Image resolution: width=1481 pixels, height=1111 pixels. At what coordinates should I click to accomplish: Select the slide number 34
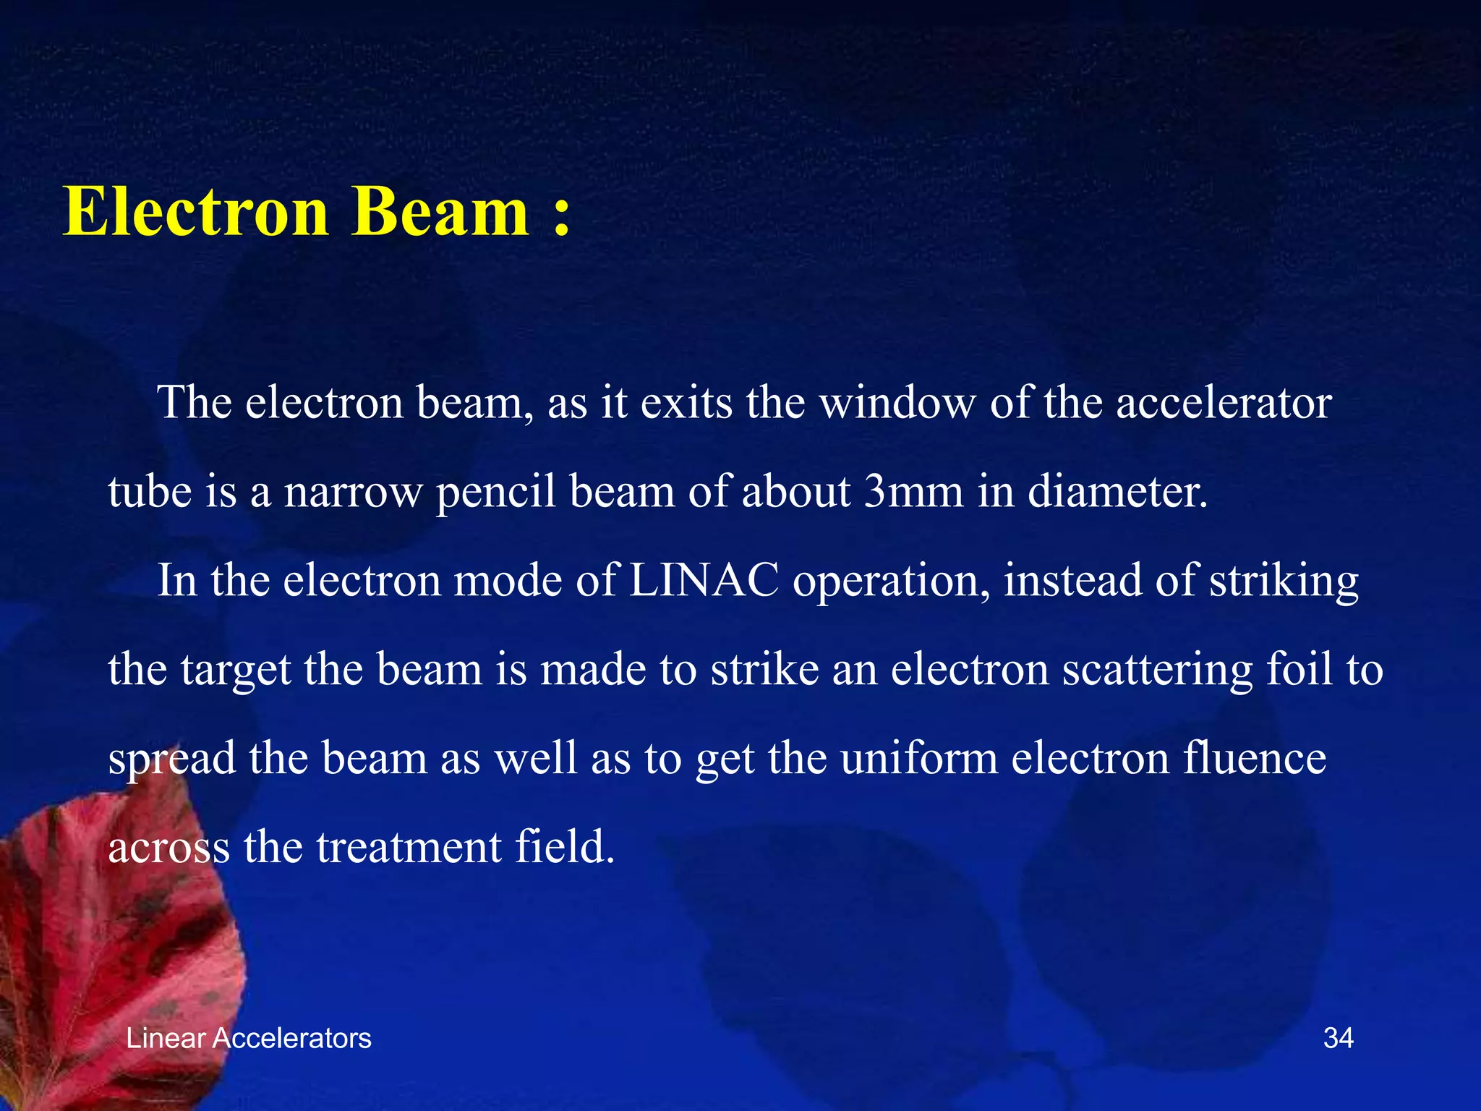1338,1038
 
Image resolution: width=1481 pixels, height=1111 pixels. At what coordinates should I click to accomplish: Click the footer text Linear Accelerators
248,1038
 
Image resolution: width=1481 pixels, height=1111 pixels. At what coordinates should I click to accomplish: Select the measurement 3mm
914,492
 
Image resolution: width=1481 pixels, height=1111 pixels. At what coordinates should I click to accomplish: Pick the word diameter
1117,492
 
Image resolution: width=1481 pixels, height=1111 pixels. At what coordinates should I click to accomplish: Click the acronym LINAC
704,580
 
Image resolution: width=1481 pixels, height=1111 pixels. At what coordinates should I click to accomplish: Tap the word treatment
409,847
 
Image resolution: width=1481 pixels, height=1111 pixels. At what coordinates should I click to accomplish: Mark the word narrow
353,492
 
